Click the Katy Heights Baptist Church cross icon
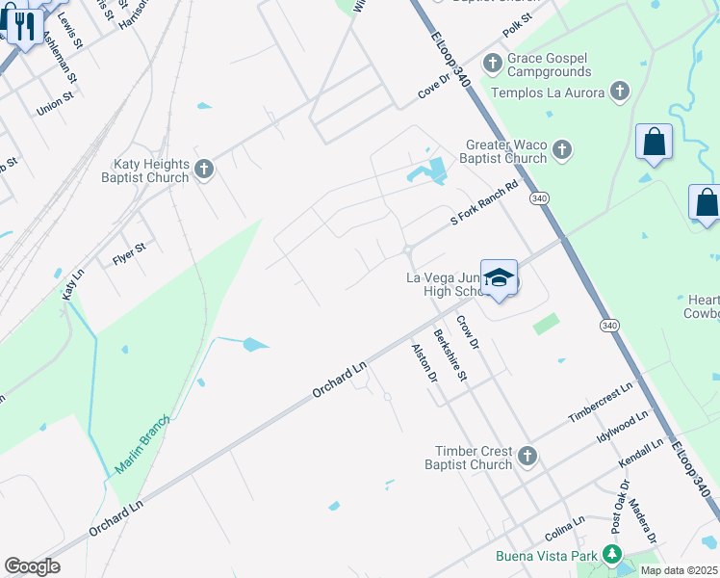coord(203,170)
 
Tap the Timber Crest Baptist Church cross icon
coord(527,456)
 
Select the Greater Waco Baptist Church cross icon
coord(562,150)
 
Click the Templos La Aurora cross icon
coord(620,92)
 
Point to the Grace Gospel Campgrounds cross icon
coord(492,65)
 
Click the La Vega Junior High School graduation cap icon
coord(499,278)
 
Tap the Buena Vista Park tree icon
coord(609,555)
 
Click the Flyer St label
coord(129,253)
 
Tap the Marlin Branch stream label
coord(142,444)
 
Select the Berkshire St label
coord(450,355)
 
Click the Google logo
coord(32,566)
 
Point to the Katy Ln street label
coord(70,283)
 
